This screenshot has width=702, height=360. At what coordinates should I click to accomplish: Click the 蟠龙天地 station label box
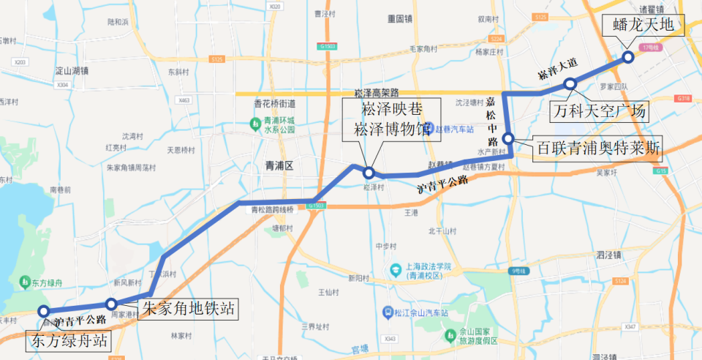coord(641,26)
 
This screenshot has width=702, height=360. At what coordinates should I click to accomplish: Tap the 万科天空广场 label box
coord(599,112)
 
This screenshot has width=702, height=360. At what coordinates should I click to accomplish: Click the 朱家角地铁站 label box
coord(189,309)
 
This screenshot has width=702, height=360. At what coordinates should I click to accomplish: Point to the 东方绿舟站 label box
coord(69,340)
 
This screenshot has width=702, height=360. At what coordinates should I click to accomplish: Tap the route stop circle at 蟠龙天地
coord(627,57)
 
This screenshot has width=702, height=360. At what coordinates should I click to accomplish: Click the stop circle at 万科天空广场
coord(570,85)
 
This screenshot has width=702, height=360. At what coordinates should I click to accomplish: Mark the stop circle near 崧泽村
coord(369,173)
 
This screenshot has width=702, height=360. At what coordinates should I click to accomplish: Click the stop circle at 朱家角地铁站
coord(111,304)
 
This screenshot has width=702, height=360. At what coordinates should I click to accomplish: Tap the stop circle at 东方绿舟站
coord(43,311)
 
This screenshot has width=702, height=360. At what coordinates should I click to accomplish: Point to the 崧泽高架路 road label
coord(376,93)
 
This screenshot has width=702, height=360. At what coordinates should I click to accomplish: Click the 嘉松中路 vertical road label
coord(492,120)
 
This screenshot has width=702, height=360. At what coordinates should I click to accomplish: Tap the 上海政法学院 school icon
coord(395,269)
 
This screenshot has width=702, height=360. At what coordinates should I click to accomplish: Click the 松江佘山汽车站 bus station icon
coord(387,312)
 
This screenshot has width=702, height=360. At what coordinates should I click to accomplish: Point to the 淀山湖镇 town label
coord(72,71)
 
